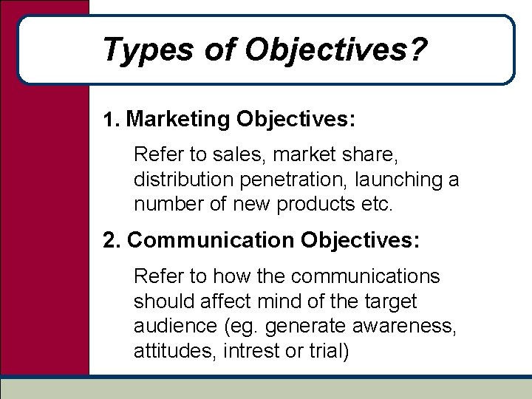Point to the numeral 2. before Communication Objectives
(113, 240)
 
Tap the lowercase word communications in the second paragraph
(366, 276)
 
